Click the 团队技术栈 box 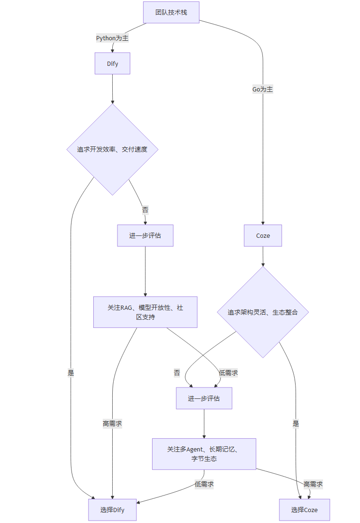171,12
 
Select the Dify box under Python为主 112,63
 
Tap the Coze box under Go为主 263,235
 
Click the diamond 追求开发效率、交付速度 112,149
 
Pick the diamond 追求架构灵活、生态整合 263,312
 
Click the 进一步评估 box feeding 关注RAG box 145,235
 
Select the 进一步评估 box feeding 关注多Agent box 204,398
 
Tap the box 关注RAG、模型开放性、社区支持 145,312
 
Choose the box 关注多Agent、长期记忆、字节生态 204,454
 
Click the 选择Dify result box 112,510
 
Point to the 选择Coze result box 304,510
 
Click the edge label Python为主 112,38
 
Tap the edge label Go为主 262,89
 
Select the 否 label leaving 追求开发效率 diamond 145,209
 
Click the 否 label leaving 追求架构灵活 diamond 177,373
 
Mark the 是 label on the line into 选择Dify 71,373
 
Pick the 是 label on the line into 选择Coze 296,424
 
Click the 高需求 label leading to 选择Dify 112,424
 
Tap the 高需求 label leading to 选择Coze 313,484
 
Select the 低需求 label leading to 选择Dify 204,484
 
